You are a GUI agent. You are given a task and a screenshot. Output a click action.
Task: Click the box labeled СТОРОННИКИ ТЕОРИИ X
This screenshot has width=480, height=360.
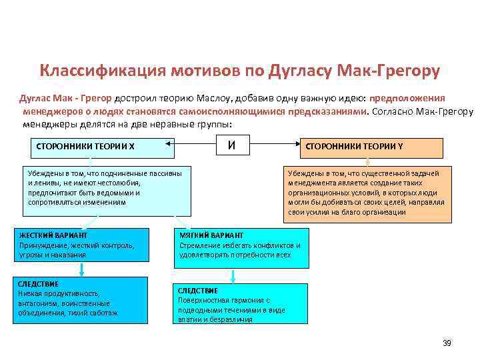pos(89,147)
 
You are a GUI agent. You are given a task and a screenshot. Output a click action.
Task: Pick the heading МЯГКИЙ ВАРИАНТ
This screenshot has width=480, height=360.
pos(210,235)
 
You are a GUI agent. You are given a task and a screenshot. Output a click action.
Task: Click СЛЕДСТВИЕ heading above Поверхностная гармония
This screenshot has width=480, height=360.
pos(197,291)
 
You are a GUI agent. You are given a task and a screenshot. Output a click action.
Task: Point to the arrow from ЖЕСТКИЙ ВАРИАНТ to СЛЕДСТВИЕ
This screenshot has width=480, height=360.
pos(81,269)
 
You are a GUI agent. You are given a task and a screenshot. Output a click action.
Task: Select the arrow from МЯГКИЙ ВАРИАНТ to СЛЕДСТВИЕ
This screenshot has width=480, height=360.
pos(233,276)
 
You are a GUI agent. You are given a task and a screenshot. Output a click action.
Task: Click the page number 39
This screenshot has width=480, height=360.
pos(447,343)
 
